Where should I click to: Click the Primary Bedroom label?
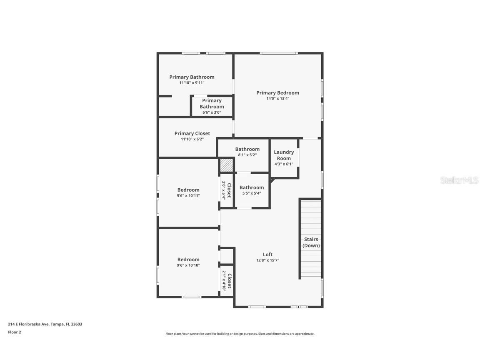point(277,93)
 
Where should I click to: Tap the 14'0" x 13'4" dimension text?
point(277,99)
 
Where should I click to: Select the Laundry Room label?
point(284,155)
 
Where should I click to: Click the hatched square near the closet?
point(226,165)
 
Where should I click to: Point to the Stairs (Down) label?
point(311,242)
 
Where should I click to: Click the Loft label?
point(267,255)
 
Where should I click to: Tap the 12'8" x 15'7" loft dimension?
point(267,260)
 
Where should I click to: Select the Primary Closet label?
point(192,133)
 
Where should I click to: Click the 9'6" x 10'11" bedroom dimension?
point(188,195)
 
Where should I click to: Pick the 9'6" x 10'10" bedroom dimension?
point(188,265)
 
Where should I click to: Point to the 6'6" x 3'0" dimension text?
point(212,112)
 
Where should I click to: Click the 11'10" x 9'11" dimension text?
point(192,83)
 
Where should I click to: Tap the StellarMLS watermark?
point(460,180)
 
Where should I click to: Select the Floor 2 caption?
point(14,332)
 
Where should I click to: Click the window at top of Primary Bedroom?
point(278,53)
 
